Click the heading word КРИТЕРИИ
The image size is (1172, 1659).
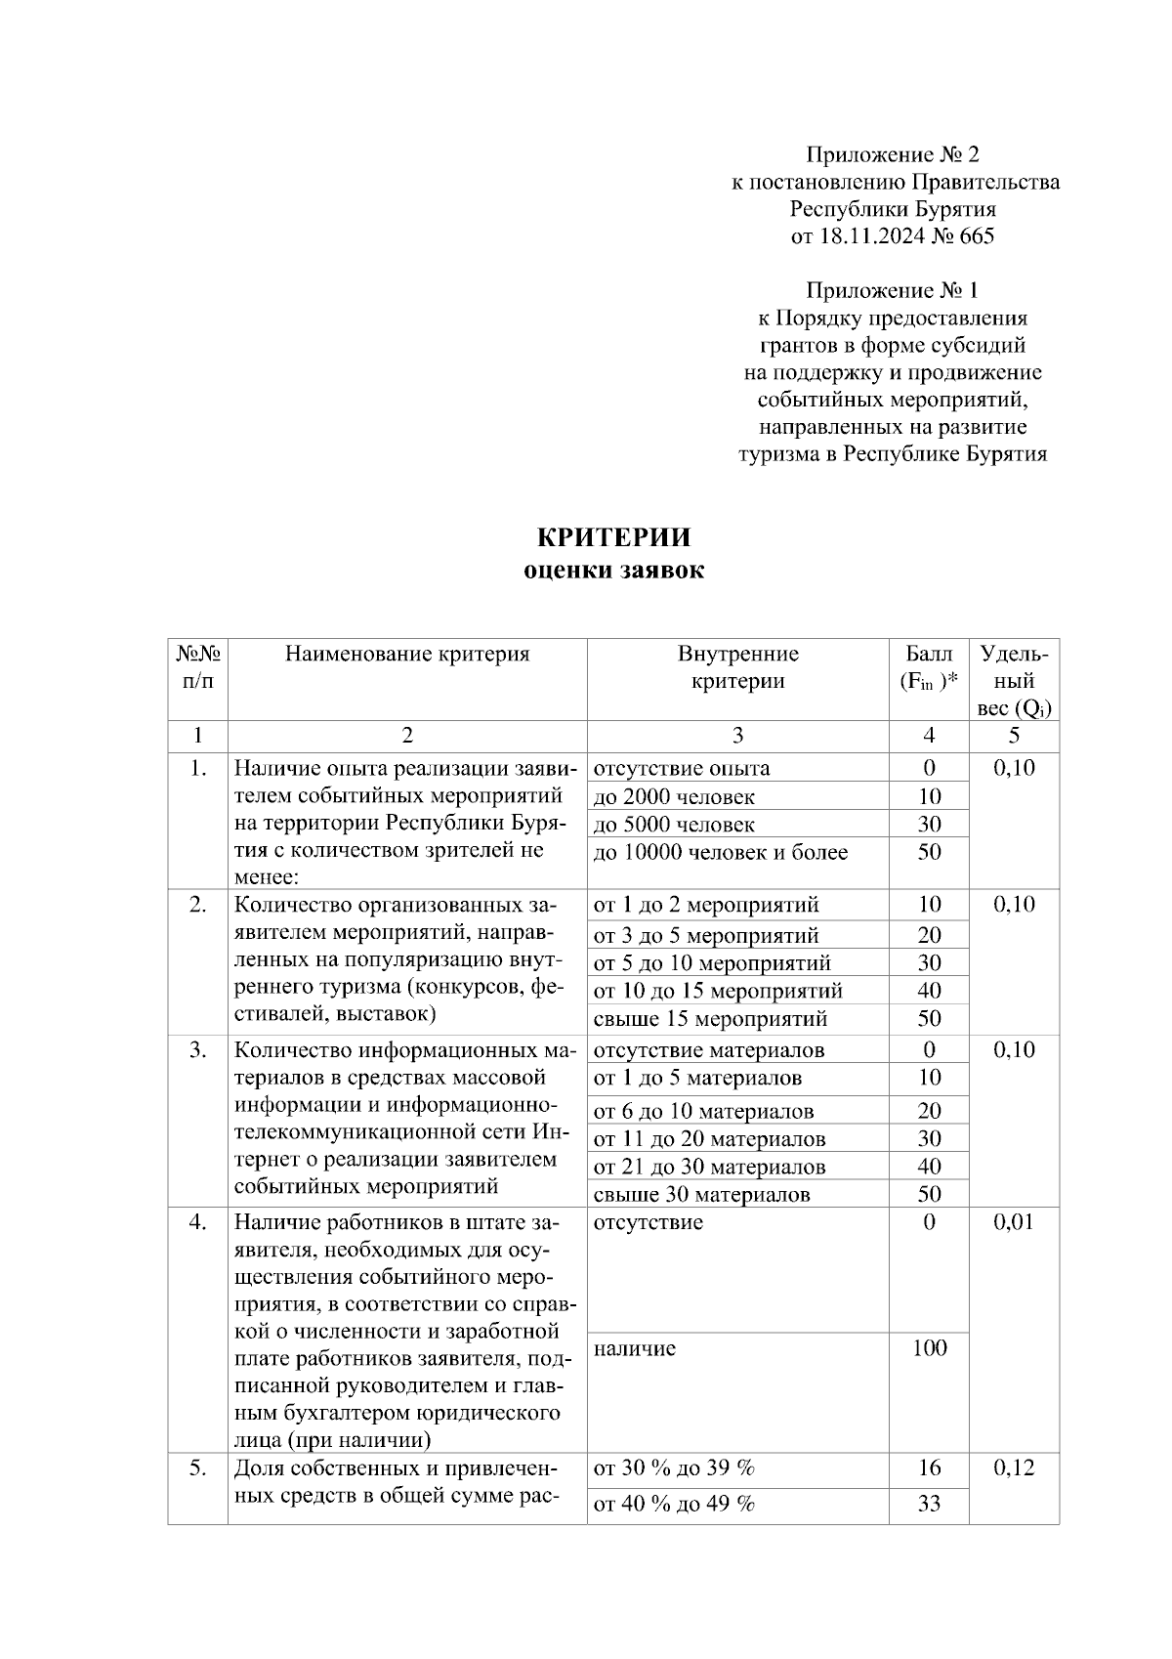613,537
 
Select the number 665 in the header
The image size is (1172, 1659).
977,235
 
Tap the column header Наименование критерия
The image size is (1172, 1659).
407,654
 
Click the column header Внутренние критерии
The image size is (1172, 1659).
737,667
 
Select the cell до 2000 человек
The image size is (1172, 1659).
674,796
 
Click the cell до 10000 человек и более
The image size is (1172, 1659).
721,852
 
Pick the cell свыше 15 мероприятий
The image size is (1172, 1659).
710,1019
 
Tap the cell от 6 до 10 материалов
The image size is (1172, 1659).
703,1111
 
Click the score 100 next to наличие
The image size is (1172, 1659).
929,1348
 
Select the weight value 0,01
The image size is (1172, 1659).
1014,1222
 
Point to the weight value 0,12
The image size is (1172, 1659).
1014,1468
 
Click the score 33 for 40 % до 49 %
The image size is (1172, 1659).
929,1504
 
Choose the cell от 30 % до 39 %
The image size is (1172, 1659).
674,1468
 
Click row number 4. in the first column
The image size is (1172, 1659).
197,1222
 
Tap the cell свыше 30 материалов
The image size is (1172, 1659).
701,1194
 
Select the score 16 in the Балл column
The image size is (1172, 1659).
929,1468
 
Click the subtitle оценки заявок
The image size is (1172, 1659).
613,571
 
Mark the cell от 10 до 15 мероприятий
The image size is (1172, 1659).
718,991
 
